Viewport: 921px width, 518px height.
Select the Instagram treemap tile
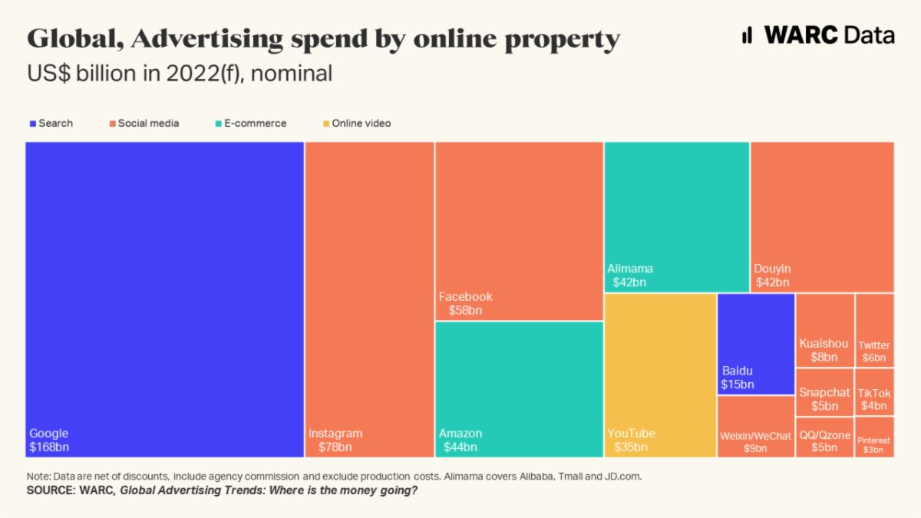(369, 299)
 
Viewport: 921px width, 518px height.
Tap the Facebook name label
(466, 297)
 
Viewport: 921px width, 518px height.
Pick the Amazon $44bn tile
(519, 389)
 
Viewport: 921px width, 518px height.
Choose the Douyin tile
(822, 216)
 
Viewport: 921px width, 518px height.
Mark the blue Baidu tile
(755, 343)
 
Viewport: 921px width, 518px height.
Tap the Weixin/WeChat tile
(755, 427)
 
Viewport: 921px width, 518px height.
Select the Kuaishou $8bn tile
(824, 329)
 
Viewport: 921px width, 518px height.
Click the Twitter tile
(874, 329)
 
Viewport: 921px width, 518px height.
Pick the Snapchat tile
(824, 391)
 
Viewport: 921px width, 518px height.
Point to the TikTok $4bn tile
(874, 391)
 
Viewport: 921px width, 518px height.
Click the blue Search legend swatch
(33, 124)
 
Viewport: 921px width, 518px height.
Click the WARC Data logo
(817, 35)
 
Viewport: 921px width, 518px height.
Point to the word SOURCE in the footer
(48, 490)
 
